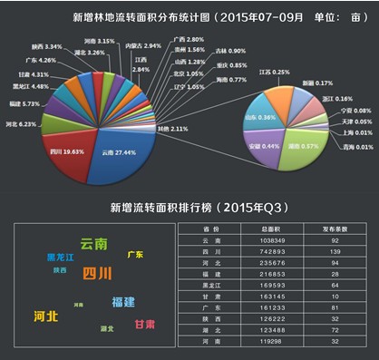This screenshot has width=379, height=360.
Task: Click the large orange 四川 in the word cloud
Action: tap(97, 273)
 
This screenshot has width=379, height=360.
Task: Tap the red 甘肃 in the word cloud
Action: tap(144, 324)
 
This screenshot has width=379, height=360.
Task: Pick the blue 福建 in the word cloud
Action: tap(123, 300)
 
